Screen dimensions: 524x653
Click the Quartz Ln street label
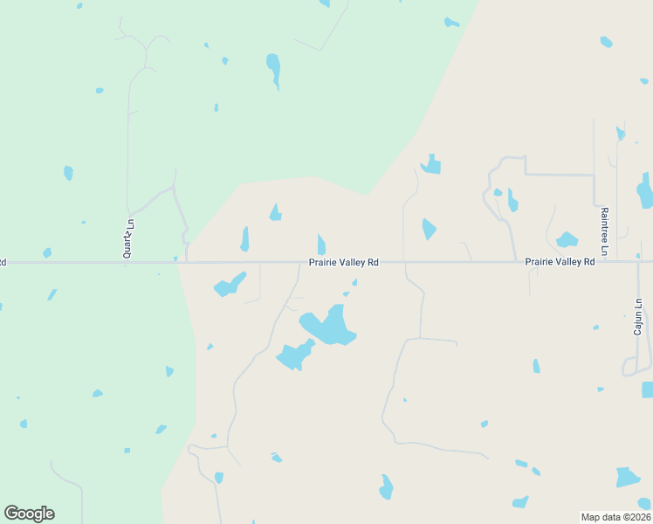127,238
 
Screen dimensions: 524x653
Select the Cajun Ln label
638,316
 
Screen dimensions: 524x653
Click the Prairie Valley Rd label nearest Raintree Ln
560,262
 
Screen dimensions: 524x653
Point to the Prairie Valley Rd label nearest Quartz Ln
343,262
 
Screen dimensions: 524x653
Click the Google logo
29,514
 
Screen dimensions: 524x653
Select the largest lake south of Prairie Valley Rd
329,326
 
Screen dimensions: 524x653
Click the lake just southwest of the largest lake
294,355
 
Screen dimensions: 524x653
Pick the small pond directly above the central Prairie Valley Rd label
321,245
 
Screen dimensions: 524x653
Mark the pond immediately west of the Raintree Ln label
567,239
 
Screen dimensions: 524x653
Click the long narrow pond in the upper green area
274,70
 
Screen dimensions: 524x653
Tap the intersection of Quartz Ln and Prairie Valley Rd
127,262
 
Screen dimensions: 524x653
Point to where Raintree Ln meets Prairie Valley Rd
603,261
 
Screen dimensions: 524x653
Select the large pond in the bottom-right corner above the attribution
627,478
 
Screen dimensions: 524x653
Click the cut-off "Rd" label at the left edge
3,262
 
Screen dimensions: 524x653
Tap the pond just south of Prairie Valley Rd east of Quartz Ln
229,285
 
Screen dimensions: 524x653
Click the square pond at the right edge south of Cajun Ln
648,390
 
